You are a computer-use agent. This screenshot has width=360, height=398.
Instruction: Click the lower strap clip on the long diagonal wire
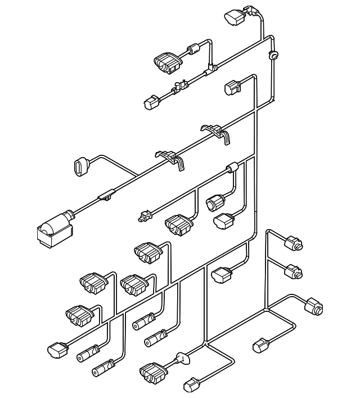click(169, 156)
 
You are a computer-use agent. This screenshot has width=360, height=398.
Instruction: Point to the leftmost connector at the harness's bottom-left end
click(57, 348)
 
